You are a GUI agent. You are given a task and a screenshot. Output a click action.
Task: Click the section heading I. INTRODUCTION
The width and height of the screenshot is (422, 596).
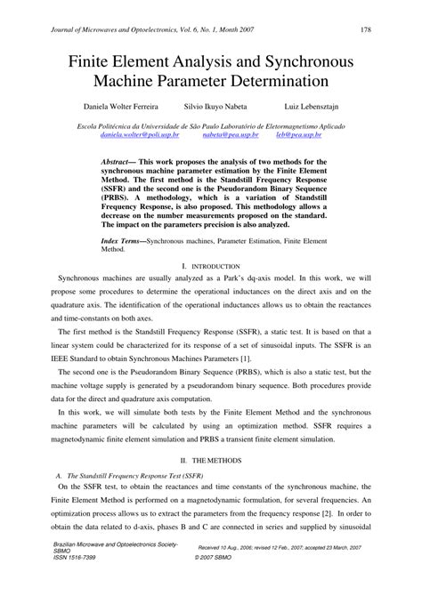[x=210, y=266]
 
